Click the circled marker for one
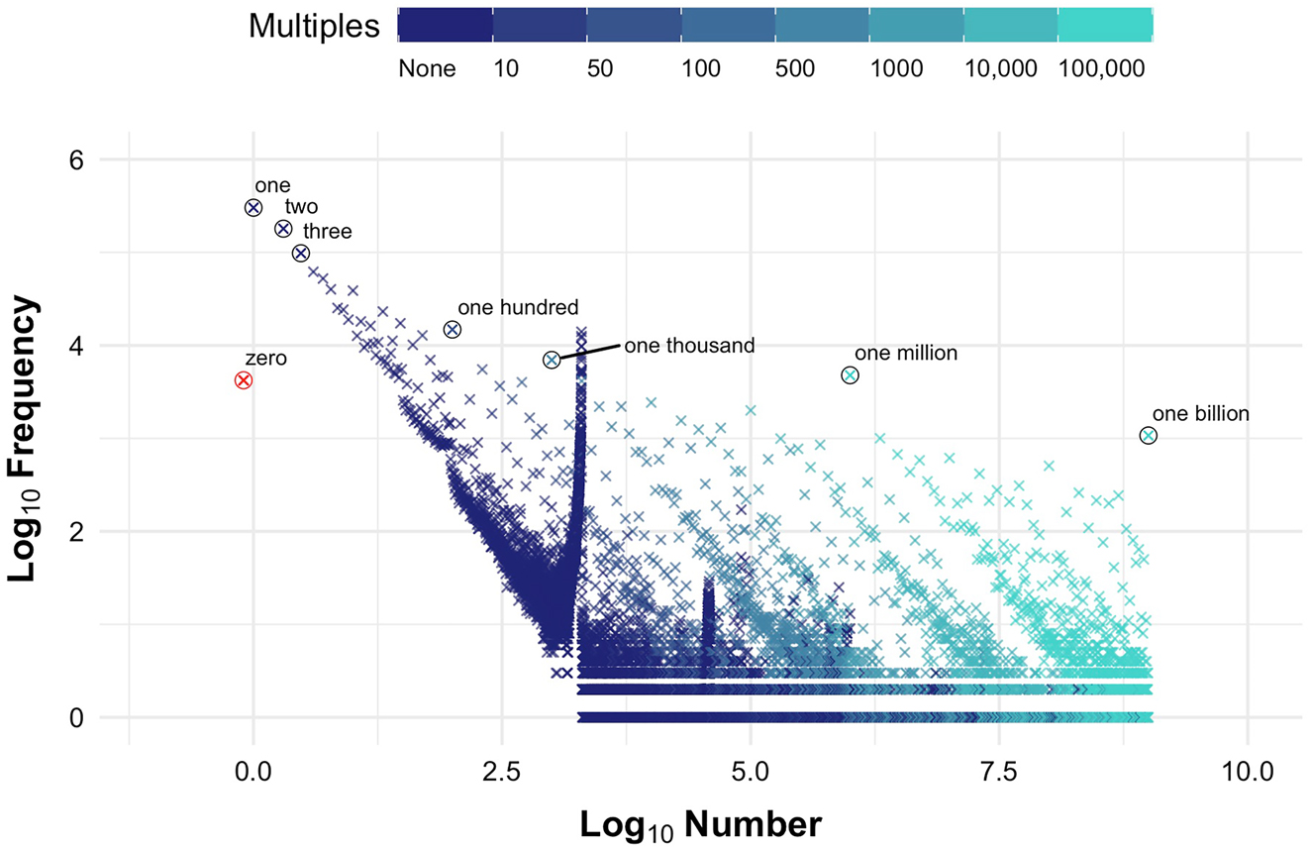(x=253, y=207)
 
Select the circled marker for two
(x=283, y=229)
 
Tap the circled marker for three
(x=301, y=253)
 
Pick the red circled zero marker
(x=244, y=380)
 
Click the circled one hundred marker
(x=453, y=329)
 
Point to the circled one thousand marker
(x=552, y=360)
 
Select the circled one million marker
(x=850, y=375)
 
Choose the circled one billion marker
(x=1148, y=435)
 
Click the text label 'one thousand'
(x=688, y=345)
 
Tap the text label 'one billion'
(x=1200, y=414)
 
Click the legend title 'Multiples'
(x=314, y=27)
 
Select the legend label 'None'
(x=427, y=69)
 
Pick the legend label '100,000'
(x=1102, y=69)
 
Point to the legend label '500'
(x=797, y=69)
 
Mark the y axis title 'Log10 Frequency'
(x=29, y=439)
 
